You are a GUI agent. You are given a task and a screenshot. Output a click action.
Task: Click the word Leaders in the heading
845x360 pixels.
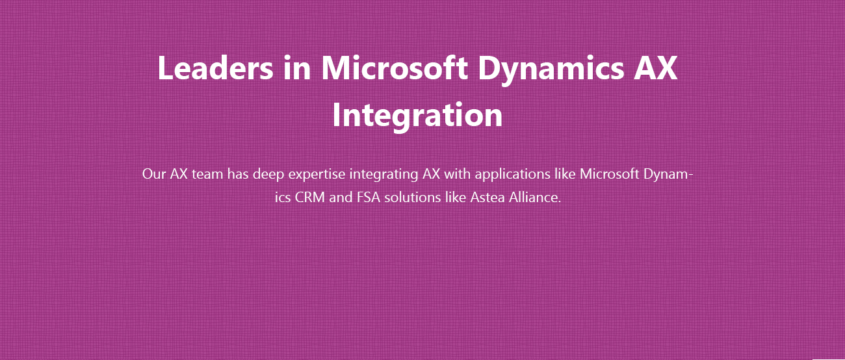215,68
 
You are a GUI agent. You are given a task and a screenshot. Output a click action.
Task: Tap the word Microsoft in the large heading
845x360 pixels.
395,68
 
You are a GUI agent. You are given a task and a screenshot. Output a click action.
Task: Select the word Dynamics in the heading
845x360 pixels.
551,70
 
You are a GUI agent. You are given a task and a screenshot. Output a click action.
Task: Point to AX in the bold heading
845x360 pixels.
656,68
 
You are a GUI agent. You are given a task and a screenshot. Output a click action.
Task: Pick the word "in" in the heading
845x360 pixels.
297,68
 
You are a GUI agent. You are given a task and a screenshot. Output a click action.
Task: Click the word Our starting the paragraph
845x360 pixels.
154,174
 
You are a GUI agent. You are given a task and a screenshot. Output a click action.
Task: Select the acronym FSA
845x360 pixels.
369,198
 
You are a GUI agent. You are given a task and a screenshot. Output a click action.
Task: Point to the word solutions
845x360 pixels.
413,198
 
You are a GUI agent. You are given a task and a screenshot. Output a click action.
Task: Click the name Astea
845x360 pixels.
487,198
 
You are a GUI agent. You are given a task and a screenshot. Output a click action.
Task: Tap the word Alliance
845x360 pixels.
535,198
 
